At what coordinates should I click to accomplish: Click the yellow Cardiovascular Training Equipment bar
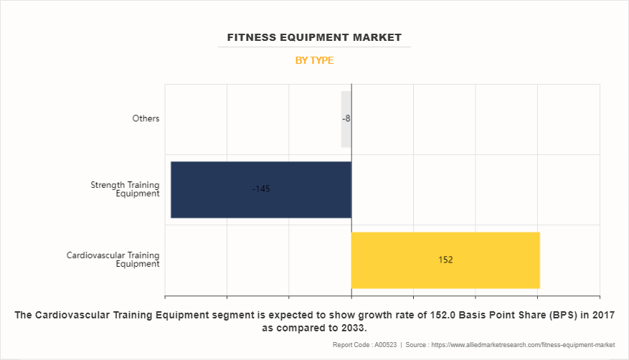click(x=445, y=260)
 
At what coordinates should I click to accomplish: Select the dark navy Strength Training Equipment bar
click(x=261, y=189)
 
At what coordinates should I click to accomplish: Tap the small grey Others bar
click(x=345, y=119)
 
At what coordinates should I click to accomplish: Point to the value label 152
click(x=445, y=260)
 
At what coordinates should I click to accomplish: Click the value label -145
click(x=261, y=189)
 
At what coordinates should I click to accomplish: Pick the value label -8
click(x=346, y=119)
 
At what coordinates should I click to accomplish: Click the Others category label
click(x=146, y=119)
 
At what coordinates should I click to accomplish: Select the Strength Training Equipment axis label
click(x=125, y=189)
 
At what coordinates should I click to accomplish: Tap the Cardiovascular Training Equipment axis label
click(x=113, y=260)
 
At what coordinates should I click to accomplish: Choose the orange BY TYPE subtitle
click(x=314, y=61)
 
